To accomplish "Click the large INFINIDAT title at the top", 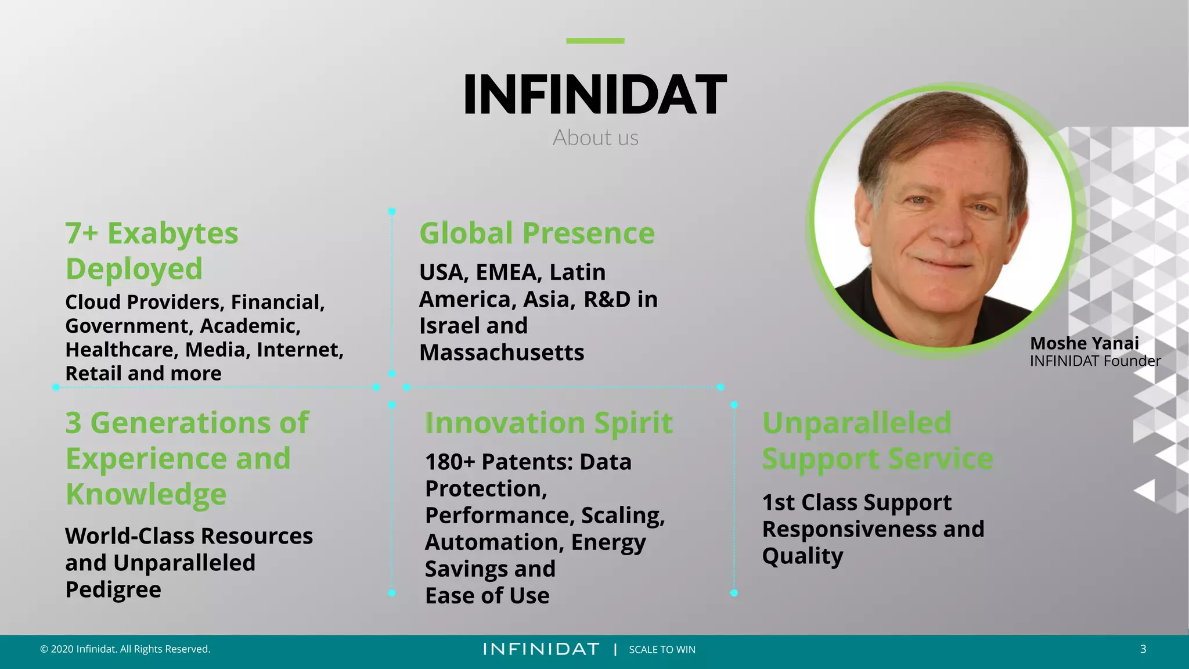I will point(595,95).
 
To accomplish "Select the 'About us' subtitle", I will point(595,138).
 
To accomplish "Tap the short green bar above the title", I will point(595,41).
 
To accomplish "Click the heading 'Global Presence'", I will point(537,233).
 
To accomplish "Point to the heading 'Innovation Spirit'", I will point(549,423).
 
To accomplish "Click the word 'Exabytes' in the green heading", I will point(173,233).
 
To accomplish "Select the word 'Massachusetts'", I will point(502,353).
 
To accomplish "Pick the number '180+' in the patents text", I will point(450,462).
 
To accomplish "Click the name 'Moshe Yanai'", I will point(1084,343).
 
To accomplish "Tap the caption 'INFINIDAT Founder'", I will point(1095,361).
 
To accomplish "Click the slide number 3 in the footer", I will point(1143,649).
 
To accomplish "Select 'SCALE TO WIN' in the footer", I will point(662,650).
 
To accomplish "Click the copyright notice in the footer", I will point(125,649).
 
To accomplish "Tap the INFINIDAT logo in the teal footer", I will point(541,649).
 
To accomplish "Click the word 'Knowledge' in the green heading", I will point(146,495).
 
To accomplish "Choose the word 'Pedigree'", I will point(113,590).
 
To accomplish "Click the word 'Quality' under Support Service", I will point(802,556).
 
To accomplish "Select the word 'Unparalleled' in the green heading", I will point(857,423).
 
